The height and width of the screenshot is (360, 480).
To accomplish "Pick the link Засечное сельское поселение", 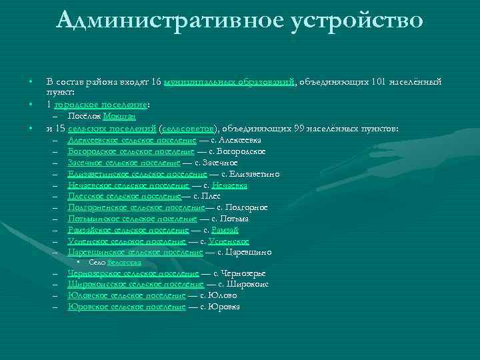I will coord(124,163).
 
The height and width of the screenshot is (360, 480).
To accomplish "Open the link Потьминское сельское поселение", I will coord(132,219).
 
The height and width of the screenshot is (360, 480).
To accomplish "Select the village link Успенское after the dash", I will coord(229,241).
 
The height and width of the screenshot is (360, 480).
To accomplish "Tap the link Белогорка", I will coord(124,263).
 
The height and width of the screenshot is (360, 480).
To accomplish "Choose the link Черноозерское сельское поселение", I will coord(133,273).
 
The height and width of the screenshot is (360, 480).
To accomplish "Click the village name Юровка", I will coord(224,307).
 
